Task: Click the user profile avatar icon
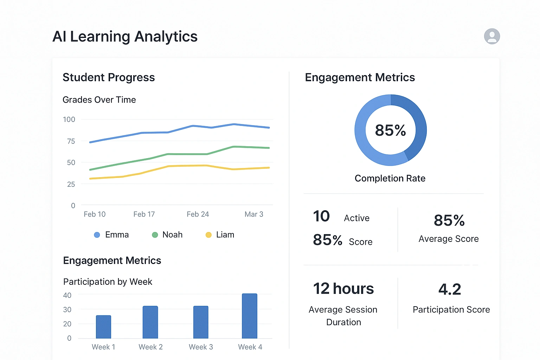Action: [x=492, y=36]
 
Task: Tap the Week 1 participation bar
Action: [x=103, y=327]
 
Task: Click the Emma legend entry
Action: [x=111, y=235]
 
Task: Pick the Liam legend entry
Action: [x=220, y=235]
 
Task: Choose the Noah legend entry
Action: [x=167, y=235]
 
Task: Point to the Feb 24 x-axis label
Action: [x=198, y=214]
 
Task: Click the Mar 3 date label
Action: [x=254, y=214]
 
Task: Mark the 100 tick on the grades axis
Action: [x=69, y=120]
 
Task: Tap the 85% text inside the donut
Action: [x=390, y=130]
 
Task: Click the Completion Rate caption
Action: [x=390, y=178]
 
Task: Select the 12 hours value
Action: [x=343, y=289]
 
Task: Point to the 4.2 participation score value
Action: [x=450, y=289]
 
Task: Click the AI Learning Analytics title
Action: [x=125, y=37]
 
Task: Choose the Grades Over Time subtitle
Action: [x=99, y=100]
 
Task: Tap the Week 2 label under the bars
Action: [x=150, y=347]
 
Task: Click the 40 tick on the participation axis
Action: [x=67, y=295]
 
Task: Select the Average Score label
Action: [x=449, y=239]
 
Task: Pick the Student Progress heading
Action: [x=109, y=77]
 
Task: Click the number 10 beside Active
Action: [x=321, y=216]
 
